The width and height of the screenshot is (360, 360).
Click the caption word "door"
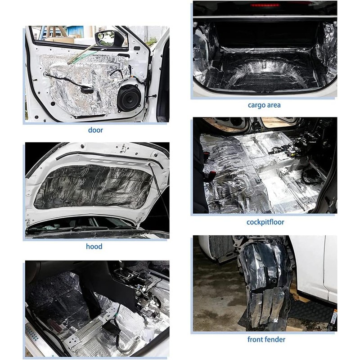pos(95,130)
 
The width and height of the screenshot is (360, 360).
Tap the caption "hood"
pos(94,246)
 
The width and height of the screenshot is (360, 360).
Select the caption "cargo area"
pos(265,105)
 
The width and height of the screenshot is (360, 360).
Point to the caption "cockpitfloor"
pos(265,222)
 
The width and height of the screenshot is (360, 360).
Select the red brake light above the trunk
pos(265,5)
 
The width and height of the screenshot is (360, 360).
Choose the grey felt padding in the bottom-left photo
pos(49,299)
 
